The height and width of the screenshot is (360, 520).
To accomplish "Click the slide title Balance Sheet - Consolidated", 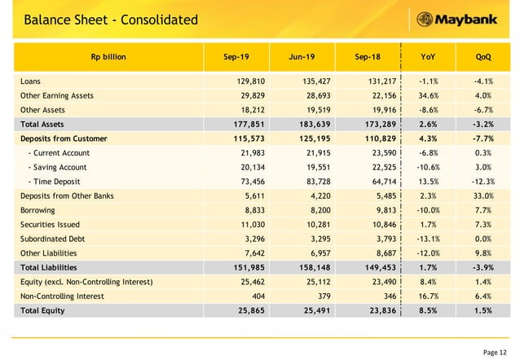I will point(110,19).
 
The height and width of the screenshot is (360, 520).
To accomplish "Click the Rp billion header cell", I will point(108,57).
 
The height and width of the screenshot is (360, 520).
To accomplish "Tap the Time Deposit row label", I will point(58,182).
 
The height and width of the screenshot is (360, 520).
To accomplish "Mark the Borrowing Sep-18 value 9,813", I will point(381,210).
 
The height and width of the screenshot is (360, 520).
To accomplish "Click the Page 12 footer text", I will point(495,351).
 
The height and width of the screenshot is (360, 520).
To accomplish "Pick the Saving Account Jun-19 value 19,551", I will point(311,168).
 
